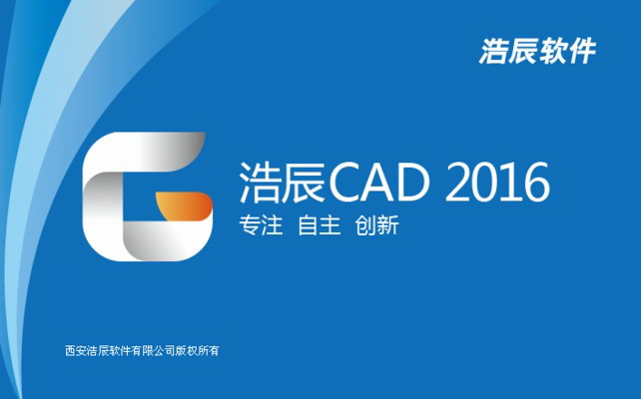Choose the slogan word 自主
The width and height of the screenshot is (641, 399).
pos(320,225)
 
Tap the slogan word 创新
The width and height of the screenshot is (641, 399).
pos(376,225)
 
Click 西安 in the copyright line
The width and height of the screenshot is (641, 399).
pos(76,350)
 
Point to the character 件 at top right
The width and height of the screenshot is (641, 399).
pos(581,50)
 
